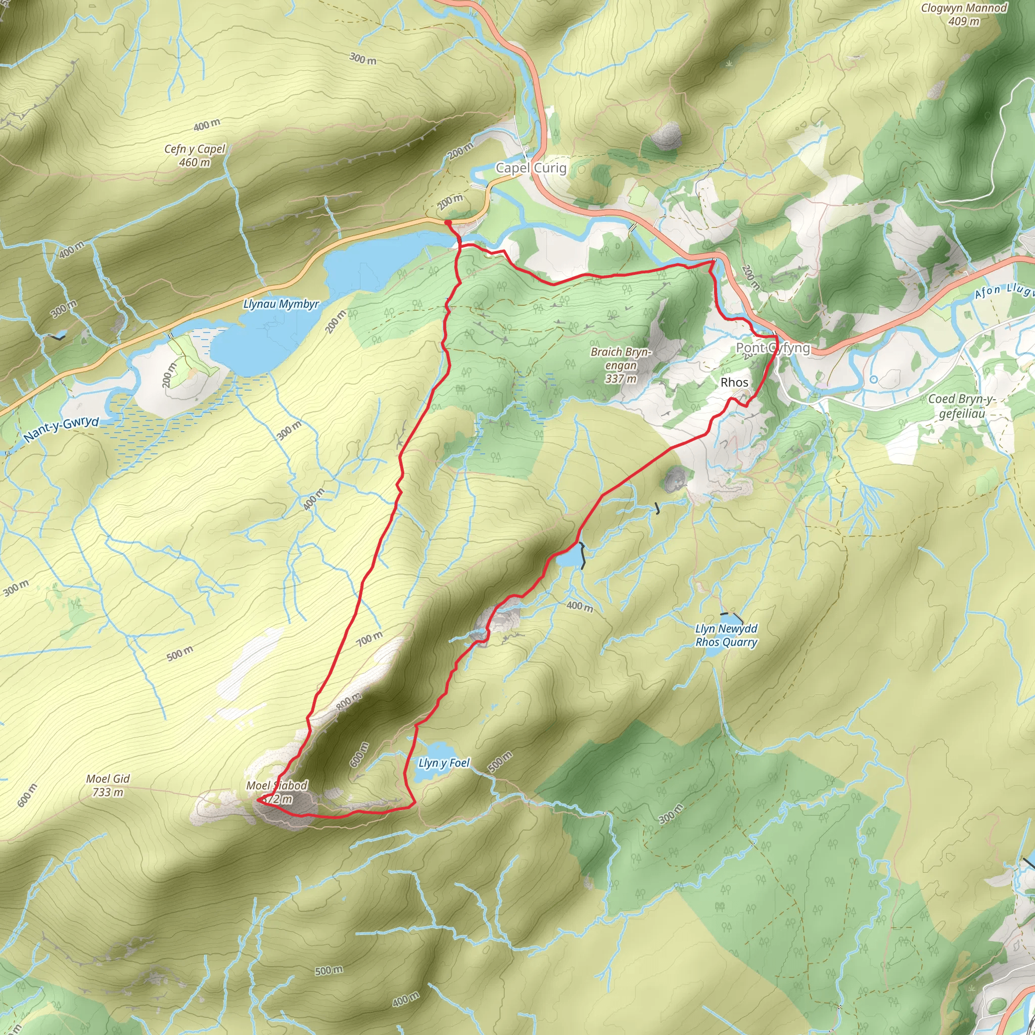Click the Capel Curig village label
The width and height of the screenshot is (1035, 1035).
pos(530,168)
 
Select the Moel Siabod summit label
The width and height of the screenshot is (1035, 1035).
pos(276,792)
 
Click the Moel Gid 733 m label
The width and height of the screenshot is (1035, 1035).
pos(108,785)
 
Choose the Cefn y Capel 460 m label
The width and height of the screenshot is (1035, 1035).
pos(195,155)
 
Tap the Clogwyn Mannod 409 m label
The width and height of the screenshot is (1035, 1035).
pos(963,15)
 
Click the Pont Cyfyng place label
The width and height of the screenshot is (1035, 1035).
pos(773,348)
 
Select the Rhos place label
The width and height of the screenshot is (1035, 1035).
pos(734,383)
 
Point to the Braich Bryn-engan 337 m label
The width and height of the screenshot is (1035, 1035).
pos(621,365)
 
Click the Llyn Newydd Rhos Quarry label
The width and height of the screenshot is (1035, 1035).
pos(726,635)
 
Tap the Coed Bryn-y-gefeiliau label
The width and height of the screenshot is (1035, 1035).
pos(962,406)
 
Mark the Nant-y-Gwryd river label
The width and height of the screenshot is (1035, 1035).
pos(62,430)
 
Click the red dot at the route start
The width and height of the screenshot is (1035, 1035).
pos(447,223)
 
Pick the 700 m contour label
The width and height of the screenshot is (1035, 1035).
pos(369,638)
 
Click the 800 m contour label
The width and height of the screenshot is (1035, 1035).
pos(349,701)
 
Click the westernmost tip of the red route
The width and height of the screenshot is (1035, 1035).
pos(258,800)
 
